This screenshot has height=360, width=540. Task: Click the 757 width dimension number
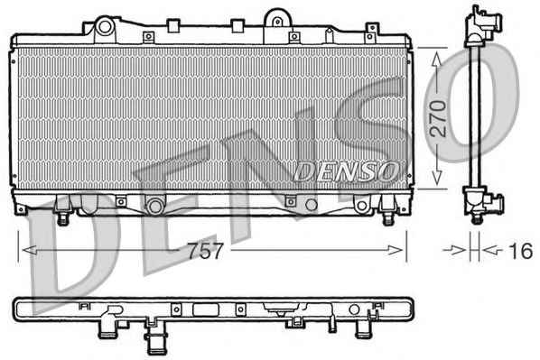206,251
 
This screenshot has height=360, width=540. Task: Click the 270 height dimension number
439,118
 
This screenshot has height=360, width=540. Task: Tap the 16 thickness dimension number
520,251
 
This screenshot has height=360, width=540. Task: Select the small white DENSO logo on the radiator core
346,171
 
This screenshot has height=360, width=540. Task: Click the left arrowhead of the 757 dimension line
29,250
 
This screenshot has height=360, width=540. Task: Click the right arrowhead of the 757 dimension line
395,250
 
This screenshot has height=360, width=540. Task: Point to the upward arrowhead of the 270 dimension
437,59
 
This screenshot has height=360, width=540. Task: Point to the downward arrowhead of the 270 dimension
437,178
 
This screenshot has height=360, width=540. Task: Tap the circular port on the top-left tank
105,27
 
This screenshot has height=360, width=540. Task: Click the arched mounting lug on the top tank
277,18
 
